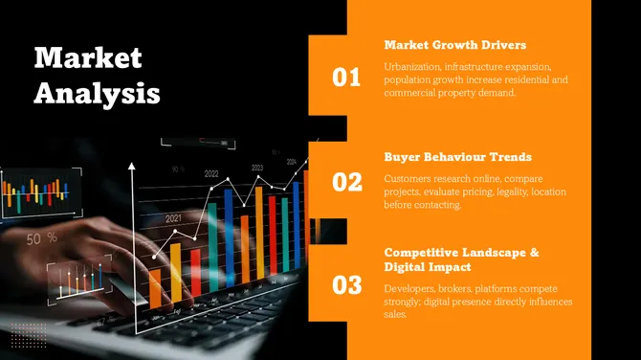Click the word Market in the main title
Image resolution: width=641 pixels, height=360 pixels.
pyautogui.click(x=88, y=57)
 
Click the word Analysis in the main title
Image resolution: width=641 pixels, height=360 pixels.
pyautogui.click(x=97, y=93)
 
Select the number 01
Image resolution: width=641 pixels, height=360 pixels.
pyautogui.click(x=346, y=78)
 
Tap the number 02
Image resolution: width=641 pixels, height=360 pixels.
pyautogui.click(x=346, y=181)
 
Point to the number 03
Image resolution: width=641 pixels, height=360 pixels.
pyautogui.click(x=346, y=284)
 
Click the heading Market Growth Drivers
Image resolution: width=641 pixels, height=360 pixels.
pyautogui.click(x=454, y=45)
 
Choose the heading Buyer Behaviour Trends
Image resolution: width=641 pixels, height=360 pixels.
pyautogui.click(x=457, y=156)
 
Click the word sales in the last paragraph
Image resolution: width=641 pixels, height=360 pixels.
pyautogui.click(x=395, y=315)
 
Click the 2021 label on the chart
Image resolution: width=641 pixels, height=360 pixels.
pyautogui.click(x=173, y=218)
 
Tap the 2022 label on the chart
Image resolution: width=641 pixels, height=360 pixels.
pyautogui.click(x=211, y=174)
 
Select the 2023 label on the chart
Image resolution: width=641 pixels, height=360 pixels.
pyautogui.click(x=257, y=168)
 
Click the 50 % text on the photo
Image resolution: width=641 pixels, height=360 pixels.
pyautogui.click(x=41, y=237)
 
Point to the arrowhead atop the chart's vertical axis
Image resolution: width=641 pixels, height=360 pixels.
pyautogui.click(x=132, y=168)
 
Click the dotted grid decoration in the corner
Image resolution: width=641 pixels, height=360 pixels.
pyautogui.click(x=29, y=334)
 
